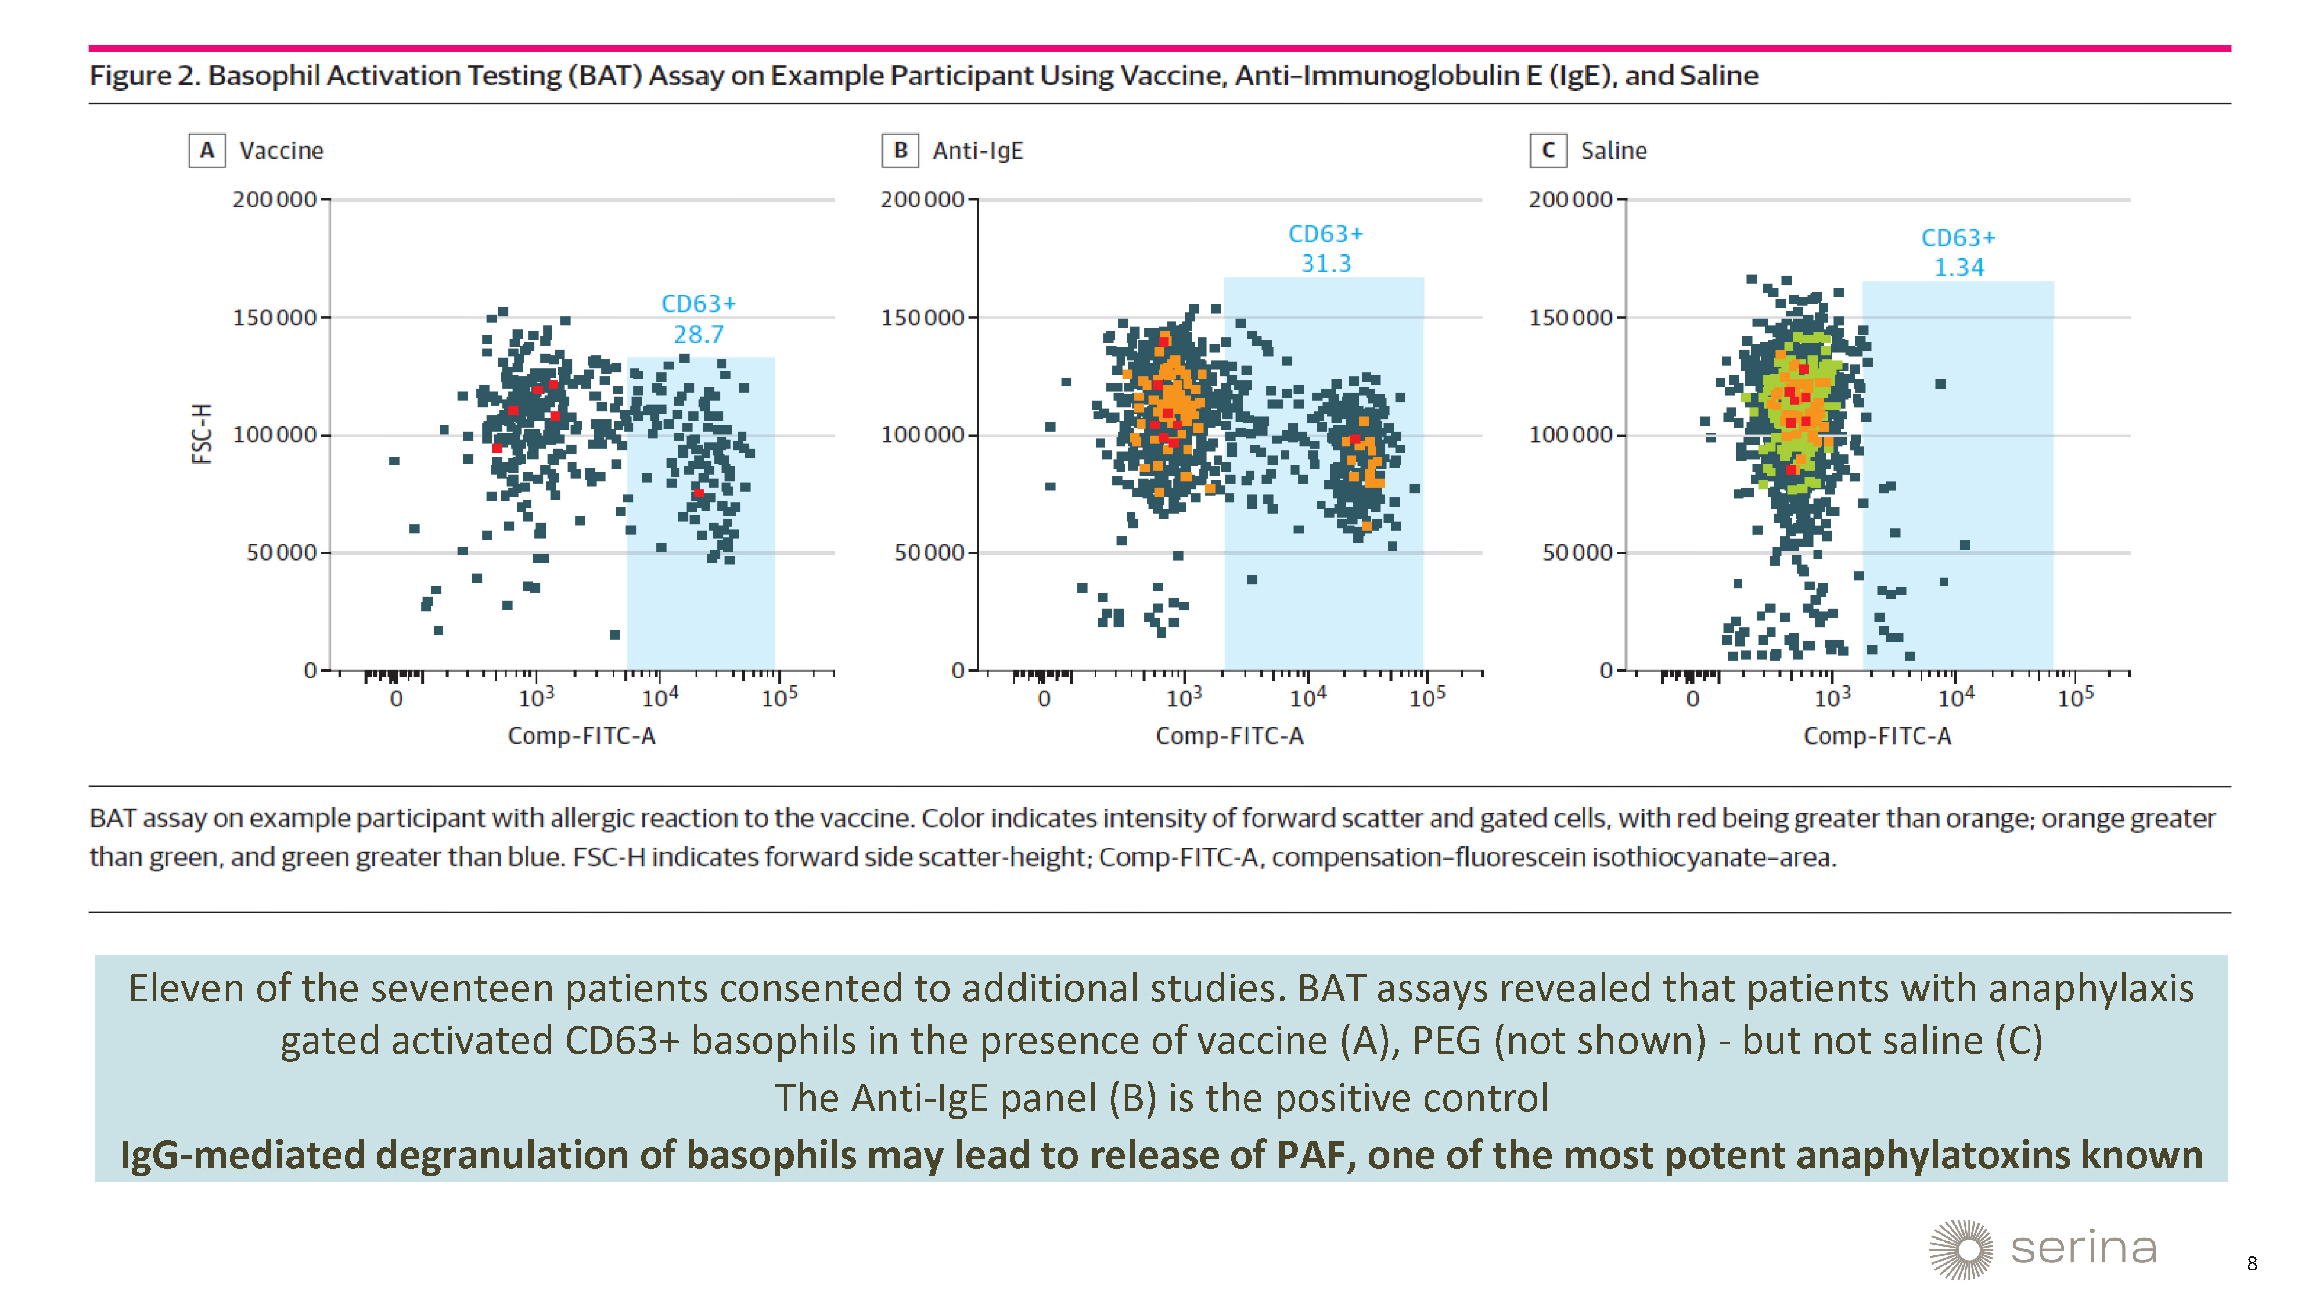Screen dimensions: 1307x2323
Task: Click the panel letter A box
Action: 207,150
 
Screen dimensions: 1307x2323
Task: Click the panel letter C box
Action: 1548,150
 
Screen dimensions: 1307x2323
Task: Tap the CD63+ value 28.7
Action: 698,335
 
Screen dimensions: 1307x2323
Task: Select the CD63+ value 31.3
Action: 1326,263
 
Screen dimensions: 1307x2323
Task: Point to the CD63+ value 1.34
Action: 1959,268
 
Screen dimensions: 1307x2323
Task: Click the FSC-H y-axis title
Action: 202,434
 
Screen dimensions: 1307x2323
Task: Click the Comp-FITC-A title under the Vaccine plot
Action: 582,736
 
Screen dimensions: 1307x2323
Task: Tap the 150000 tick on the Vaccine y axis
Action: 275,318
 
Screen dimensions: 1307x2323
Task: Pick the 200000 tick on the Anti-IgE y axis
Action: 923,199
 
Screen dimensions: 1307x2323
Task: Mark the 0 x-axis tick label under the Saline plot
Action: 1693,699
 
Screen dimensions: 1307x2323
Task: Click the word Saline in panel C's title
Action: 1613,150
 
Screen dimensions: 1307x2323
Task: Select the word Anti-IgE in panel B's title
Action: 977,150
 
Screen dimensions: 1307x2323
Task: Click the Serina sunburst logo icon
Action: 1961,1250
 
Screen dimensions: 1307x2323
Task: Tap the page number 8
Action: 2252,1263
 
